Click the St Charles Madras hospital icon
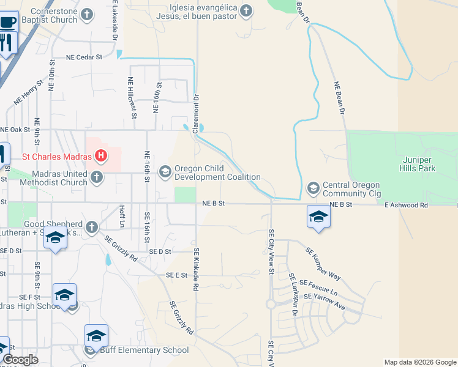click(x=102, y=157)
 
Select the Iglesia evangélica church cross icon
click(x=246, y=10)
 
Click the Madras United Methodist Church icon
click(x=96, y=177)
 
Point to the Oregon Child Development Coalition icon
click(x=165, y=172)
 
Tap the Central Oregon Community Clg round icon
click(x=313, y=187)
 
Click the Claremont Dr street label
click(x=197, y=114)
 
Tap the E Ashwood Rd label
click(x=406, y=206)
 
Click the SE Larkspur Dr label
click(x=293, y=295)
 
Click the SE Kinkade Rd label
click(x=197, y=269)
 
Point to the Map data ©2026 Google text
click(x=419, y=362)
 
